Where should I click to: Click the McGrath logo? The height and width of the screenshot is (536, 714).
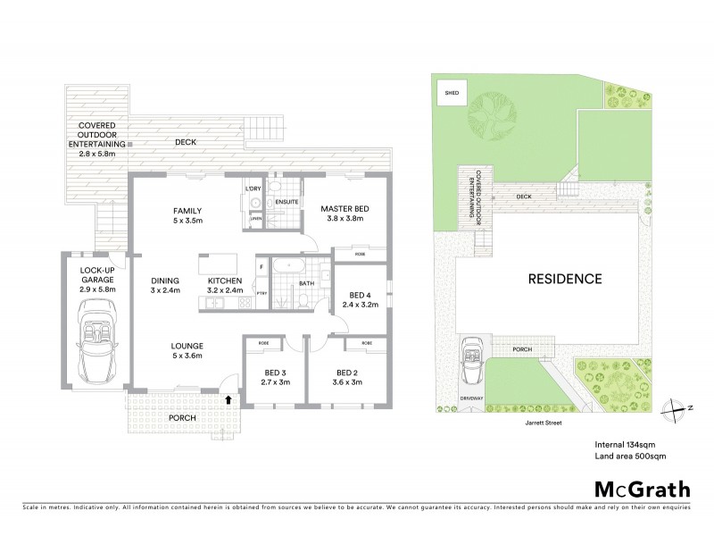coord(642,489)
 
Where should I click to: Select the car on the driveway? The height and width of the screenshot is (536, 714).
coord(470,364)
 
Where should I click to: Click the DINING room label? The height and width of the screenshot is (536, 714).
coord(166,284)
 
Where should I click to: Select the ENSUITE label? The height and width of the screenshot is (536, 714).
coord(286,202)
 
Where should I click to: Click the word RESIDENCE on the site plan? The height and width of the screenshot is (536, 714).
coord(565,279)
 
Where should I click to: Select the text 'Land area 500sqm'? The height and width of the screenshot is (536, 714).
coord(630,456)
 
